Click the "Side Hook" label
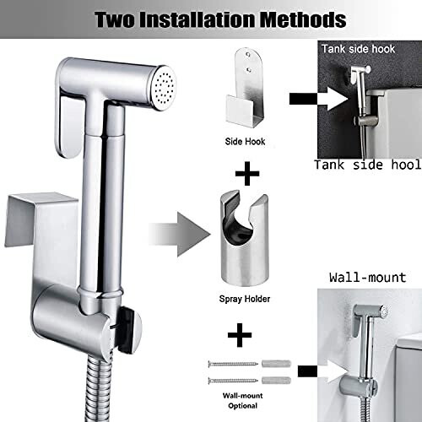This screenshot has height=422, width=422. point(246,142)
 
